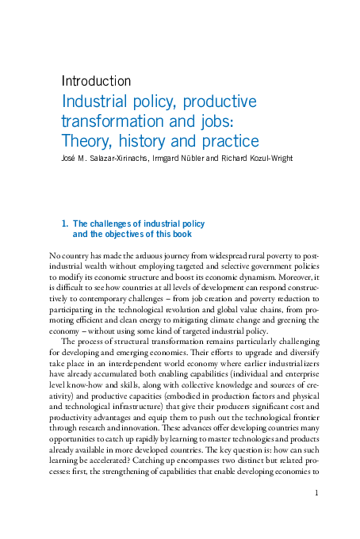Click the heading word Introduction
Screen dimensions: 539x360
96,81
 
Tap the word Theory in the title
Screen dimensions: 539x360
88,142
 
